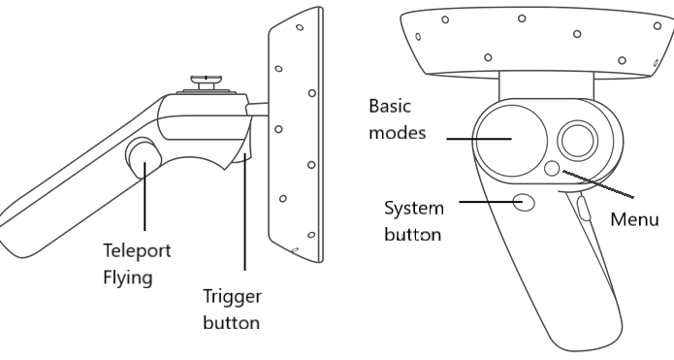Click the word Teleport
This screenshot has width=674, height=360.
(137, 250)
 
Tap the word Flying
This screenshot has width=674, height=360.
(128, 278)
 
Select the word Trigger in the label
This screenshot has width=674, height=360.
(232, 297)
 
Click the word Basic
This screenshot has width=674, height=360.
(390, 106)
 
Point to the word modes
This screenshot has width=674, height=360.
(398, 133)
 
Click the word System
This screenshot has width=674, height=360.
(414, 209)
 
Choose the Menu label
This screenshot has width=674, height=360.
(634, 219)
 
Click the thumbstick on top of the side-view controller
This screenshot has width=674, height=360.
(207, 82)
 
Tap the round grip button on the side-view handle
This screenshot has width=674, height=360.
(144, 158)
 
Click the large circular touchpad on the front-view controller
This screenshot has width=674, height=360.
(511, 140)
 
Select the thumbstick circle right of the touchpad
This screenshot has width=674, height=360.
(578, 140)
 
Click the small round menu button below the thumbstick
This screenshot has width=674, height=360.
(552, 168)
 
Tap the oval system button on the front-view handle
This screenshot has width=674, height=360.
(524, 201)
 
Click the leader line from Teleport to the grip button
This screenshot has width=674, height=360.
(144, 196)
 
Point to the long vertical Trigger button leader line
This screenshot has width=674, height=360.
(245, 212)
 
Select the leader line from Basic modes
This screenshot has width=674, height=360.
(479, 139)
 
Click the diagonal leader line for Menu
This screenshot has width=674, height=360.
(598, 184)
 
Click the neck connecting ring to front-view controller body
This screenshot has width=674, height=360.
(546, 86)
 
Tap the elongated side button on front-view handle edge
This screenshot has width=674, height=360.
(583, 208)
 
